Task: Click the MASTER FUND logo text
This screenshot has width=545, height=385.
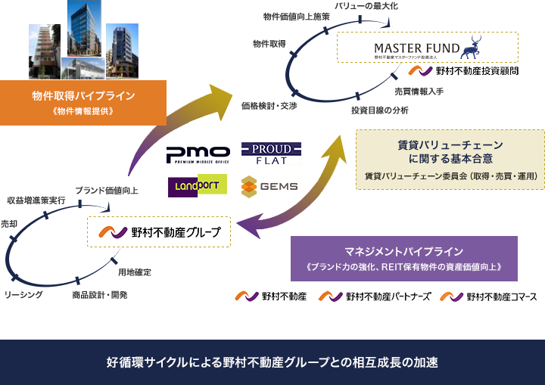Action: point(417,48)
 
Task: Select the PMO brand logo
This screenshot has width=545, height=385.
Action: point(198,154)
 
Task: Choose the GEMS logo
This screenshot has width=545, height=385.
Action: point(270,186)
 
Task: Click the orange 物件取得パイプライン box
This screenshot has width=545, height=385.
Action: point(83,102)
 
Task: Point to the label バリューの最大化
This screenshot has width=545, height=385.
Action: point(366,7)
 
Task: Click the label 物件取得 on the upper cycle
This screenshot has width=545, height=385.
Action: point(269,44)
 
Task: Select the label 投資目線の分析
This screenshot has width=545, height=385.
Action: point(379,110)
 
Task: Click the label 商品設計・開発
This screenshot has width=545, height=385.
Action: point(99,294)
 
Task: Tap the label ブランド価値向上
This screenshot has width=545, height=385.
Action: point(106,190)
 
